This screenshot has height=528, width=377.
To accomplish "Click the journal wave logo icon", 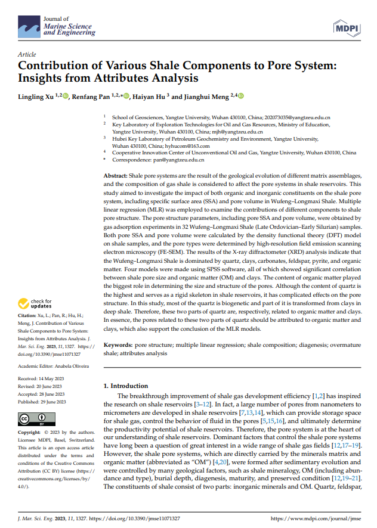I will tap(29, 27).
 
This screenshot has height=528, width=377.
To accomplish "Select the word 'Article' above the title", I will tap(27, 54).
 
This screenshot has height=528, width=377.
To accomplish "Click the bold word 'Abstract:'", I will tap(116, 176).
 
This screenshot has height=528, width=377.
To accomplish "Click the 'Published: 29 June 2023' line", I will tap(41, 402).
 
